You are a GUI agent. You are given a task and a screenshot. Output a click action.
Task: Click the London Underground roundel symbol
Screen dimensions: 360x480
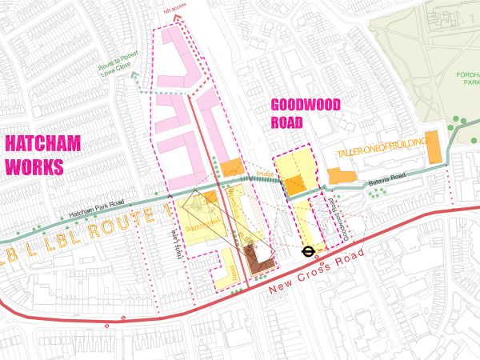tap(307, 250)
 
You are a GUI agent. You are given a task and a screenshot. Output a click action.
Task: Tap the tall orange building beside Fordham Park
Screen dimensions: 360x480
tap(434, 146)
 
